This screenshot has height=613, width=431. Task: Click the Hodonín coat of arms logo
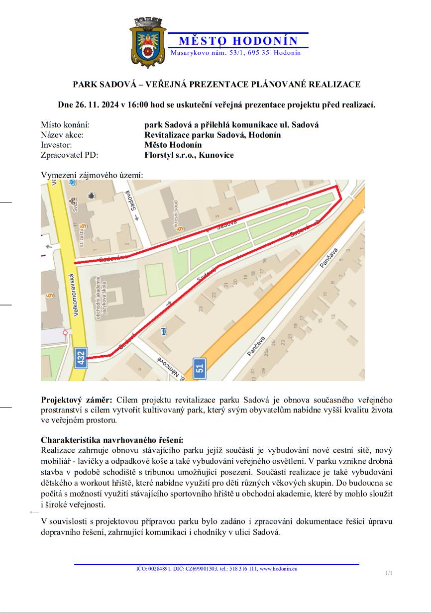click(148, 43)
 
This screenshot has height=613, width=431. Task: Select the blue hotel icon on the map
click(165, 331)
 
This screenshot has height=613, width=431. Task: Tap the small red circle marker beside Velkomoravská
click(65, 332)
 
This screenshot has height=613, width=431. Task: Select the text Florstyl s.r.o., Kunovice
click(189, 155)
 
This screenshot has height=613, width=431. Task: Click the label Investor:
click(56, 145)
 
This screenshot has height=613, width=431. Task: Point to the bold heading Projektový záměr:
click(77, 400)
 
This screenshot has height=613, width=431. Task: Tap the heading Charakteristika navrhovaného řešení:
click(112, 440)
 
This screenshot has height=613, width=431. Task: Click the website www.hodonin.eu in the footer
click(278, 568)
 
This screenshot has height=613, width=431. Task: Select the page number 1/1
click(389, 573)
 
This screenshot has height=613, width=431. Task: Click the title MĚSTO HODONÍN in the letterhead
click(238, 41)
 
